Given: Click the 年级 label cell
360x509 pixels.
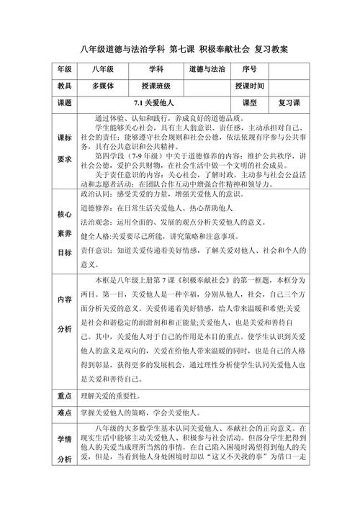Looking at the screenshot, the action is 64,70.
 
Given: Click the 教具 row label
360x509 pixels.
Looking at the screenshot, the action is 64,86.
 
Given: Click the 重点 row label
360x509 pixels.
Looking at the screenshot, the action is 64,396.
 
